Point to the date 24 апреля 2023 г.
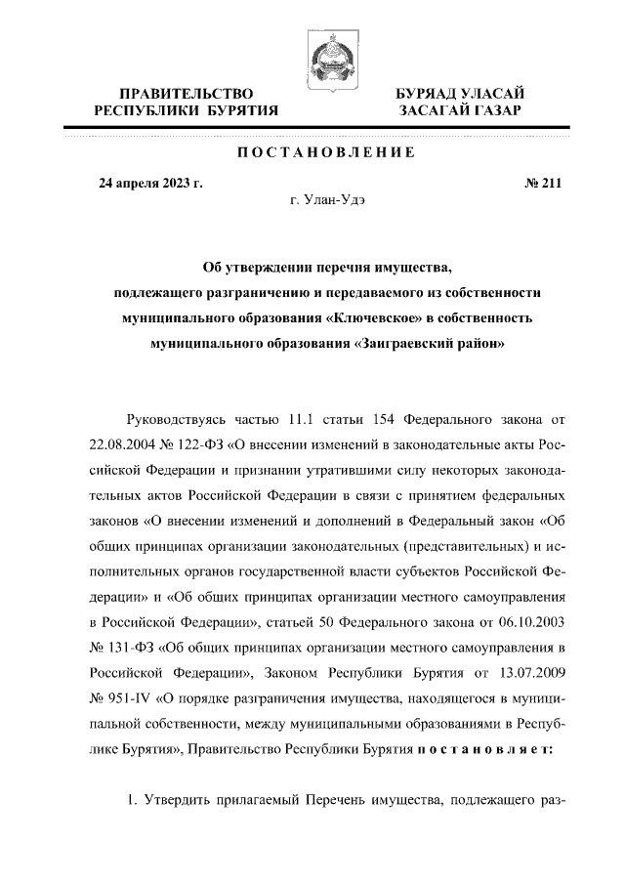pyautogui.click(x=150, y=182)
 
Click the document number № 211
pyautogui.click(x=543, y=182)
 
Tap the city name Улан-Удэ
pyautogui.click(x=335, y=199)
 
